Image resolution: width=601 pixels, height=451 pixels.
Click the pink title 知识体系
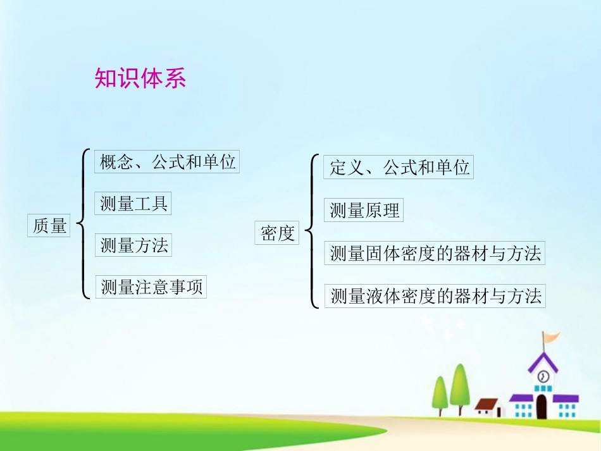(140, 78)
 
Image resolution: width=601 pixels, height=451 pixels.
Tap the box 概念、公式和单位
(167, 162)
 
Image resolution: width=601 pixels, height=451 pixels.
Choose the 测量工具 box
(134, 204)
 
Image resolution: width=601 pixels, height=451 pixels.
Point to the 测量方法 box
(134, 245)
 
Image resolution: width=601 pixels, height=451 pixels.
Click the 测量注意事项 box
(152, 287)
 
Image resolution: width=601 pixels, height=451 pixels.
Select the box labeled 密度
(278, 233)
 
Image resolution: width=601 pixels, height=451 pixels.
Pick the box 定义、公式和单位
(399, 168)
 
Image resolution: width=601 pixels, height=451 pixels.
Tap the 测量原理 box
(365, 211)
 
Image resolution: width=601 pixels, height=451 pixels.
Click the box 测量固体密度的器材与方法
(435, 254)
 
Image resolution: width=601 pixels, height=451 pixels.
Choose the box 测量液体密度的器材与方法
(435, 296)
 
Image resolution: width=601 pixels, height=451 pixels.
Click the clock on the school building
(542, 376)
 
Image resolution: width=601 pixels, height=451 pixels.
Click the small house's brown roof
(486, 404)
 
